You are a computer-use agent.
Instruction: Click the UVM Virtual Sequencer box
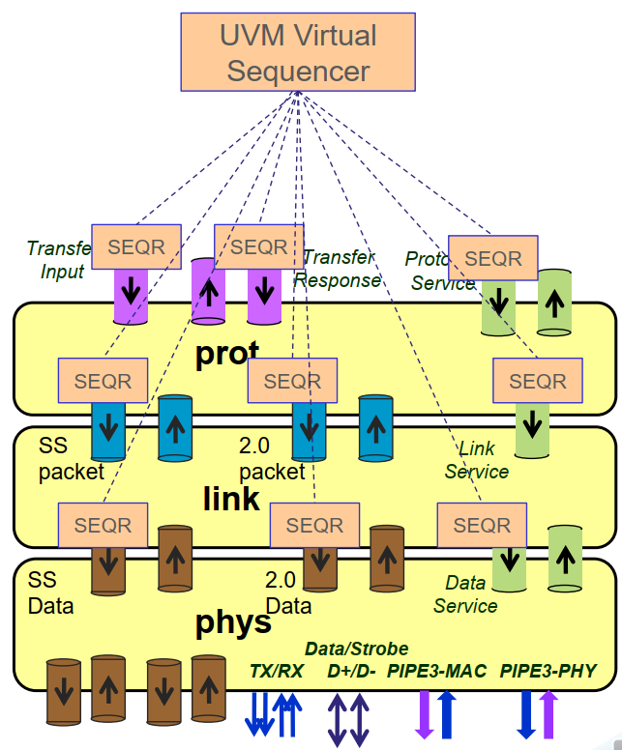click(297, 52)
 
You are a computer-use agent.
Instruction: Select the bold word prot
click(227, 354)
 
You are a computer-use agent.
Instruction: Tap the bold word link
click(231, 498)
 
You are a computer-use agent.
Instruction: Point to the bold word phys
click(233, 621)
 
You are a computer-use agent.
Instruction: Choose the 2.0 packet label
click(272, 459)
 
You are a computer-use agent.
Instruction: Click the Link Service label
click(476, 460)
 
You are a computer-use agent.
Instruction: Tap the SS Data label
click(50, 593)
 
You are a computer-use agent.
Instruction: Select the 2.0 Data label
click(288, 593)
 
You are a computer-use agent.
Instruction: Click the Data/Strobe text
click(356, 649)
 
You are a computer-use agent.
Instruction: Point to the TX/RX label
click(276, 671)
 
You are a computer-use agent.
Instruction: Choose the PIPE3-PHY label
click(548, 671)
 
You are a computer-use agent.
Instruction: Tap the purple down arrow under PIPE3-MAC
click(423, 714)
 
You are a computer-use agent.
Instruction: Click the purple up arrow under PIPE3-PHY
click(548, 714)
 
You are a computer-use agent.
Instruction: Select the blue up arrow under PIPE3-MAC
click(446, 714)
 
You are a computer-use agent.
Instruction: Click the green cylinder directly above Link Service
click(531, 425)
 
